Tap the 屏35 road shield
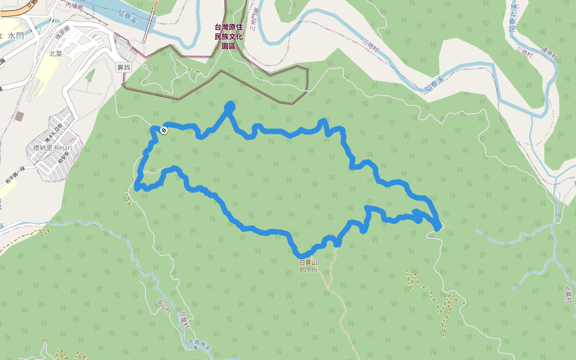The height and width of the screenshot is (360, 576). tap(124, 68)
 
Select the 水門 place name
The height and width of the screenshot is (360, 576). tap(16, 36)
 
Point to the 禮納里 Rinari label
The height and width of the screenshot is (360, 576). tap(53, 148)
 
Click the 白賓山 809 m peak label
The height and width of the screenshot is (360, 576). tap(308, 266)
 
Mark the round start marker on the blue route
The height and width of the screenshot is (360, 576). tap(164, 130)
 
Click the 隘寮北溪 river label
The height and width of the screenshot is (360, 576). tap(514, 19)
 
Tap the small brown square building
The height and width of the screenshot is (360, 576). tap(20, 116)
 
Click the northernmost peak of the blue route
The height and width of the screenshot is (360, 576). tap(230, 106)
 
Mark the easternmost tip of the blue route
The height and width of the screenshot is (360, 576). tap(440, 226)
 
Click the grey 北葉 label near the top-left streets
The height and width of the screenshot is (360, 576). tap(56, 53)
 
